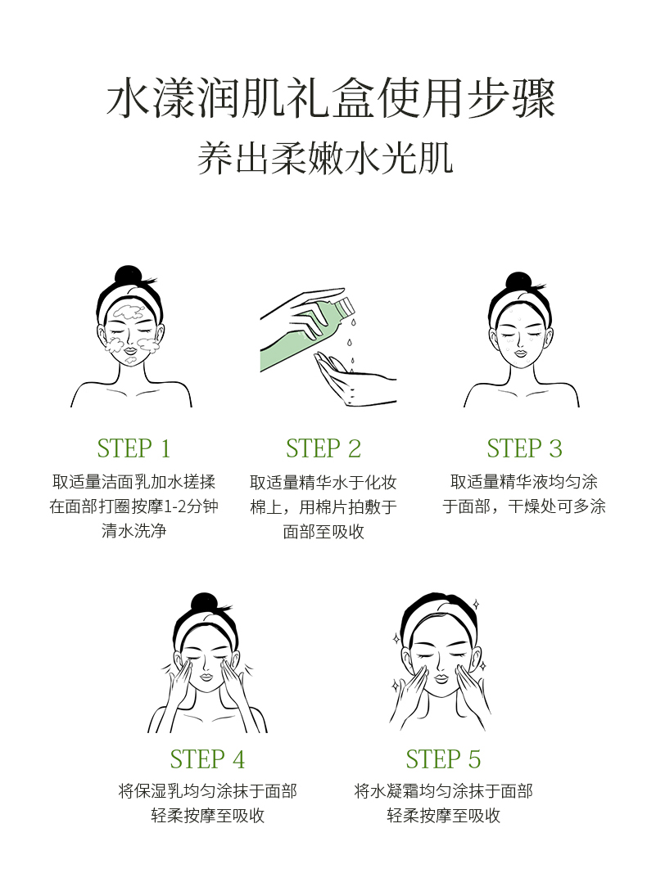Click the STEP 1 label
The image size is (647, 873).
click(133, 448)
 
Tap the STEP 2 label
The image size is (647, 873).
click(323, 448)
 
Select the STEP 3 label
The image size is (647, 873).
click(524, 448)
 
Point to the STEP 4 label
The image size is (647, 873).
click(207, 759)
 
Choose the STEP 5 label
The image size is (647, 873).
click(443, 759)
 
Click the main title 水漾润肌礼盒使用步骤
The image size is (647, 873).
click(331, 98)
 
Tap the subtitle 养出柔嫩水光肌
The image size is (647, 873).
click(325, 158)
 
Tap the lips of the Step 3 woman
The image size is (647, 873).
click(519, 353)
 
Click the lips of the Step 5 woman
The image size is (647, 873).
click(441, 679)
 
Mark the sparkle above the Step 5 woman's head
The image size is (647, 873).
click(476, 603)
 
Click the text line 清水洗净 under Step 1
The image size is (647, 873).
click(133, 531)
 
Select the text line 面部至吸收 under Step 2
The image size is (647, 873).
click(323, 531)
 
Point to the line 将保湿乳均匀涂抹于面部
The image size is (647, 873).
click(207, 790)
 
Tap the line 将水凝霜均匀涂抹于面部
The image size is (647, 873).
click(444, 790)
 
